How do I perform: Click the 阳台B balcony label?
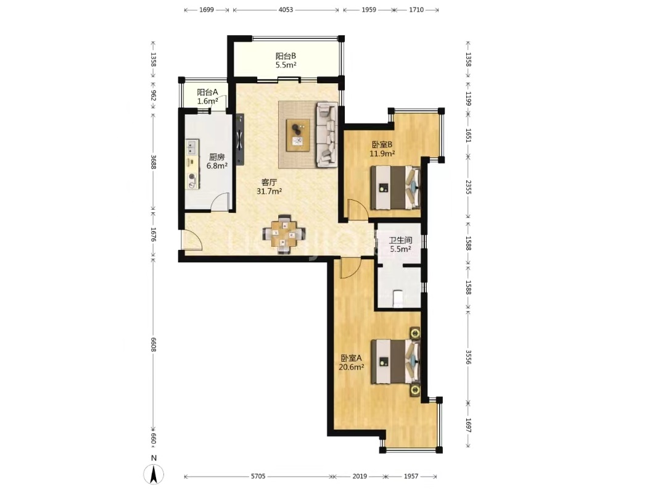[x=286, y=60]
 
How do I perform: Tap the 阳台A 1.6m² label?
[x=208, y=96]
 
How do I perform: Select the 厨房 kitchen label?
[x=217, y=161]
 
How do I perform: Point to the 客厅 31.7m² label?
[x=269, y=187]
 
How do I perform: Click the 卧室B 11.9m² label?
[x=382, y=149]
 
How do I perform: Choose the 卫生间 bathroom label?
[x=400, y=245]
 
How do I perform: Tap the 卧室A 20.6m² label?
[x=352, y=362]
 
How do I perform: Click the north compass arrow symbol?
[x=154, y=474]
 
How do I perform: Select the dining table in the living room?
[x=284, y=234]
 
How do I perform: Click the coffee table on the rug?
[x=298, y=135]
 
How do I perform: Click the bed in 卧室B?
[x=395, y=187]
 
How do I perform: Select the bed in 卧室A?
[x=395, y=361]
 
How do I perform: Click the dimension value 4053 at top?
[x=286, y=10]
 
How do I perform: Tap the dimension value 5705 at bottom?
[x=258, y=476]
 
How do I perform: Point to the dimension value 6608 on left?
[x=154, y=344]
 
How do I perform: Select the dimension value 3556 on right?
[x=468, y=357]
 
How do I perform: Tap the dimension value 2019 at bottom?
[x=360, y=476]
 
